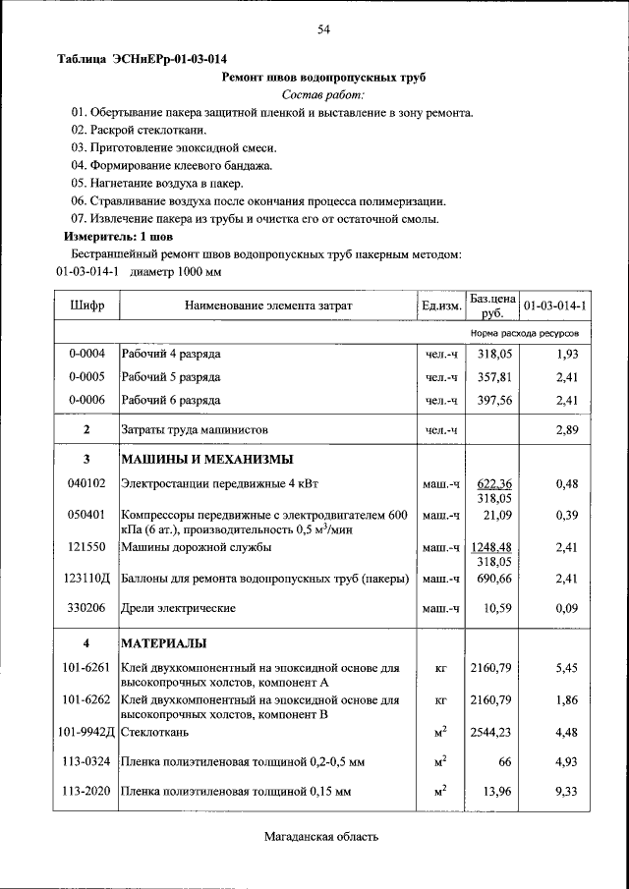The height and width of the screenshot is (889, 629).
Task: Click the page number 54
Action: (323, 30)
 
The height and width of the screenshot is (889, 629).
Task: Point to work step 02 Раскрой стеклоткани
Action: (139, 130)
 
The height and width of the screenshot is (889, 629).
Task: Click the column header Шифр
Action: (86, 306)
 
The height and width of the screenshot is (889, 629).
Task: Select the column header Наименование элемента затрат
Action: (267, 306)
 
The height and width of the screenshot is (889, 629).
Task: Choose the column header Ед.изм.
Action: (441, 306)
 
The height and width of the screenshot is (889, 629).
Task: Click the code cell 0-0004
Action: (86, 353)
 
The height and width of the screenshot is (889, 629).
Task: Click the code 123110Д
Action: (86, 581)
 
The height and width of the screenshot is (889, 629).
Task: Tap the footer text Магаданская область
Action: (320, 837)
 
